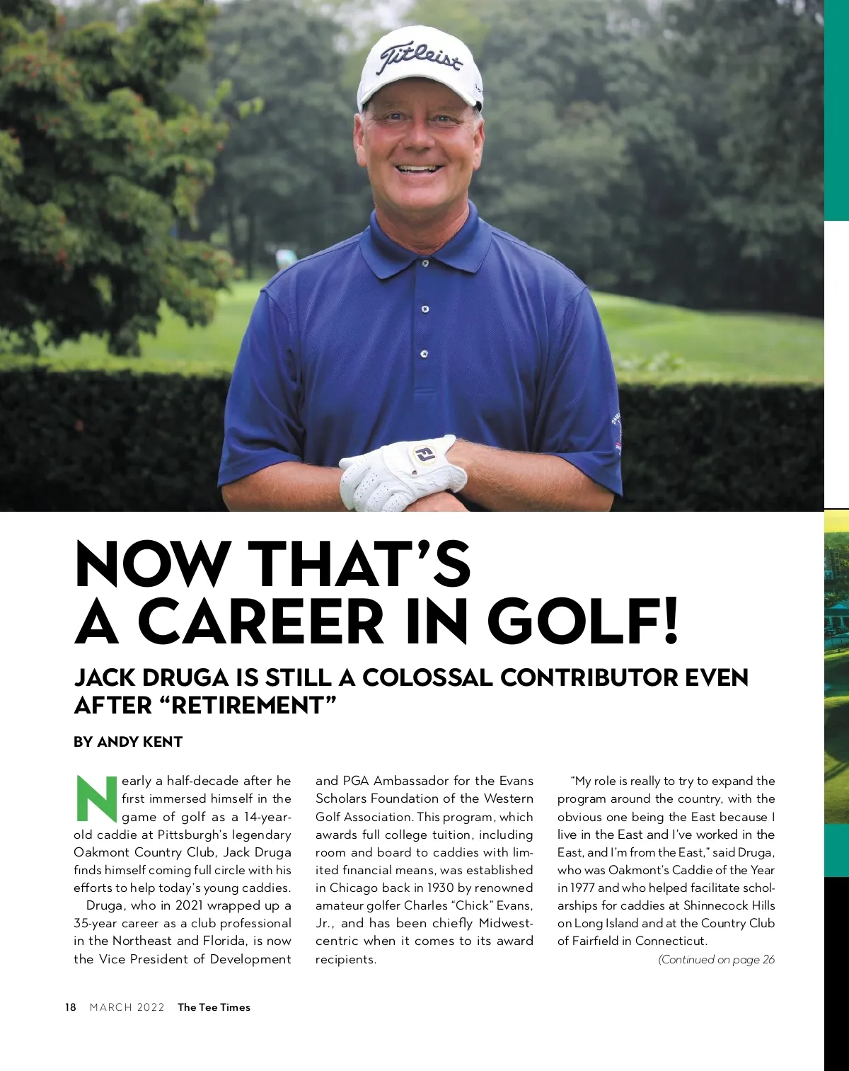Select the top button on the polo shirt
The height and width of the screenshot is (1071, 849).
tap(424, 263)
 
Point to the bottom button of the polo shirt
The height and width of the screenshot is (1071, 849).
tap(424, 354)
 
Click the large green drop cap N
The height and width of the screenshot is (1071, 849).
tap(96, 799)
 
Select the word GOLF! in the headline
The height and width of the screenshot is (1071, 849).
tap(583, 621)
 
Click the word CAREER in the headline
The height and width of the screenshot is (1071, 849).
tap(261, 621)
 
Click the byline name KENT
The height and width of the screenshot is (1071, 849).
tap(162, 742)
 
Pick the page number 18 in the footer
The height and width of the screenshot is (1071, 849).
tap(70, 1007)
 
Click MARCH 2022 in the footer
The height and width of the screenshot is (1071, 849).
tap(127, 1007)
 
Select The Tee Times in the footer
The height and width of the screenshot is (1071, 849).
tap(214, 1007)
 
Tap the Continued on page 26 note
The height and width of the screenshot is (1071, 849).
tap(716, 960)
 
